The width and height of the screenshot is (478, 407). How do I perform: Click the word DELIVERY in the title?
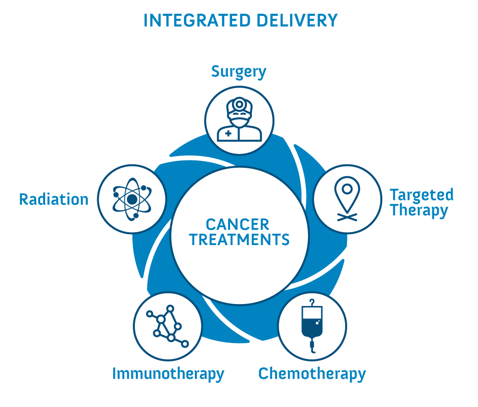pyautogui.click(x=297, y=21)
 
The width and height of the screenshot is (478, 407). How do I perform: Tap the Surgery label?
pyautogui.click(x=239, y=72)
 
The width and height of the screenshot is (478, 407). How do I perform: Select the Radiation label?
pyautogui.click(x=54, y=200)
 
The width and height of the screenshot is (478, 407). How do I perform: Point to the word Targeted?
pyautogui.click(x=422, y=195)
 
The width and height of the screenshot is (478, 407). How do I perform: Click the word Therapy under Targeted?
pyautogui.click(x=419, y=210)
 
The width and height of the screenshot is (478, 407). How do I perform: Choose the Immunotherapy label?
pyautogui.click(x=168, y=374)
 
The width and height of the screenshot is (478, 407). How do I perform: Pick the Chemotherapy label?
pyautogui.click(x=312, y=374)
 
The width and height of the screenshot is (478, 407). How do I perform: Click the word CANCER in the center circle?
pyautogui.click(x=238, y=225)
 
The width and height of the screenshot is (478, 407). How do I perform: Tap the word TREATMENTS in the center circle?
pyautogui.click(x=239, y=240)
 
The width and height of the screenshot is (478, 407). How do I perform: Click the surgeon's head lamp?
pyautogui.click(x=239, y=104)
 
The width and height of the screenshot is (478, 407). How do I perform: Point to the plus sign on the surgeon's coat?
pyautogui.click(x=228, y=133)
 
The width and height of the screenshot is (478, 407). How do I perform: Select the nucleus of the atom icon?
pyautogui.click(x=132, y=200)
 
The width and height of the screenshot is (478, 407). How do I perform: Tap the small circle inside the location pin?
pyautogui.click(x=347, y=189)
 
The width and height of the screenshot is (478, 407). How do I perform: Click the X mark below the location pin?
pyautogui.click(x=347, y=217)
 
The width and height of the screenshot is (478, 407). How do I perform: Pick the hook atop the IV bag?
pyautogui.click(x=312, y=303)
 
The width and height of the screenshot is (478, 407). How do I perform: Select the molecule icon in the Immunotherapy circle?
pyautogui.click(x=168, y=326)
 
